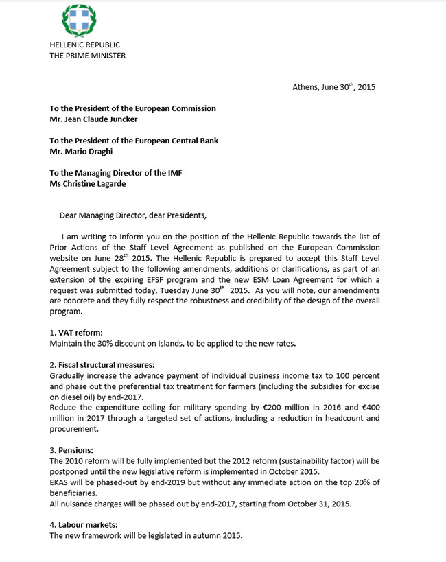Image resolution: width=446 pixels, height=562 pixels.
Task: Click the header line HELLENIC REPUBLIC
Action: (x=84, y=45)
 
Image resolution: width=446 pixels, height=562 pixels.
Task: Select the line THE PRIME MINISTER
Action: (x=87, y=56)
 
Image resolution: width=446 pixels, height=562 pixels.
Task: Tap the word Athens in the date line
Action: (x=305, y=88)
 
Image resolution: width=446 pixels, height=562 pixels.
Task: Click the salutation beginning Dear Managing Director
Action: (x=132, y=215)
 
